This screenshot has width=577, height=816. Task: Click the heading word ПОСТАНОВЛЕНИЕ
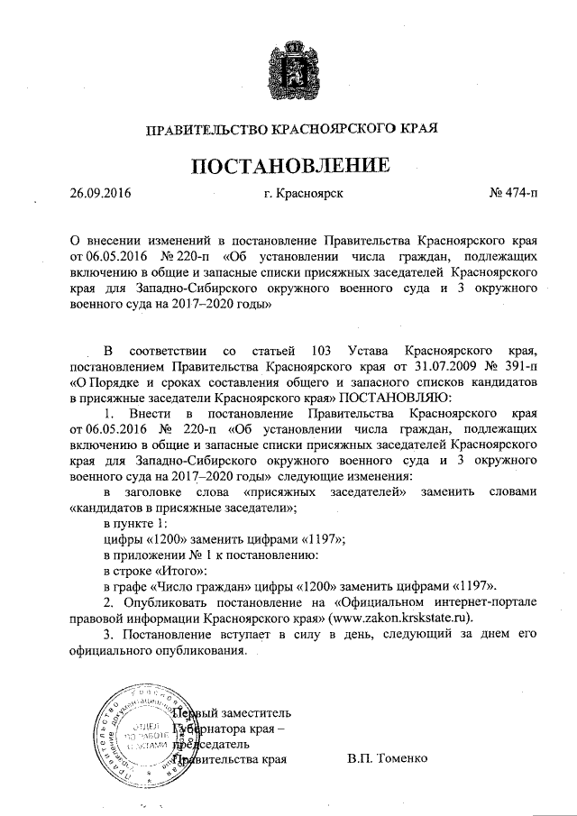click(x=289, y=165)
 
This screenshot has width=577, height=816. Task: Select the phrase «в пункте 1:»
click(x=135, y=523)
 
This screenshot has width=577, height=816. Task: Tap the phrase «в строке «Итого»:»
click(x=155, y=570)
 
